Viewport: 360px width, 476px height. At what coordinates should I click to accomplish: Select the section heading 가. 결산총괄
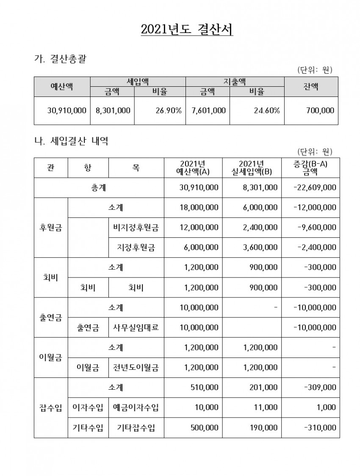[x=60, y=59]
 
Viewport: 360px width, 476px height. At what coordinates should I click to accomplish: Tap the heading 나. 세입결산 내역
[x=71, y=141]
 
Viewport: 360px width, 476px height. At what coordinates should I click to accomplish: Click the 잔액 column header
[x=311, y=86]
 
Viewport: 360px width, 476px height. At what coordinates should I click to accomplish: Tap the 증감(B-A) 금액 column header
[x=310, y=168]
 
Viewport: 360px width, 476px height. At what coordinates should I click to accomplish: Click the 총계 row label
[x=99, y=187]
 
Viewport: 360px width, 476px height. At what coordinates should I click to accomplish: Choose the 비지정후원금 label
[x=136, y=228]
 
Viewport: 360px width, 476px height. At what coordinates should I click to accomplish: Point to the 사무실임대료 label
[x=136, y=327]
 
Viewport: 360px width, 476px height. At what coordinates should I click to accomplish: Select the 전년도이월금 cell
[x=136, y=368]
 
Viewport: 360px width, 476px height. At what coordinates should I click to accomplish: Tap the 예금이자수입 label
[x=136, y=407]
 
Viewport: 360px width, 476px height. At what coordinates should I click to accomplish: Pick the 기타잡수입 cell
[x=136, y=428]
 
